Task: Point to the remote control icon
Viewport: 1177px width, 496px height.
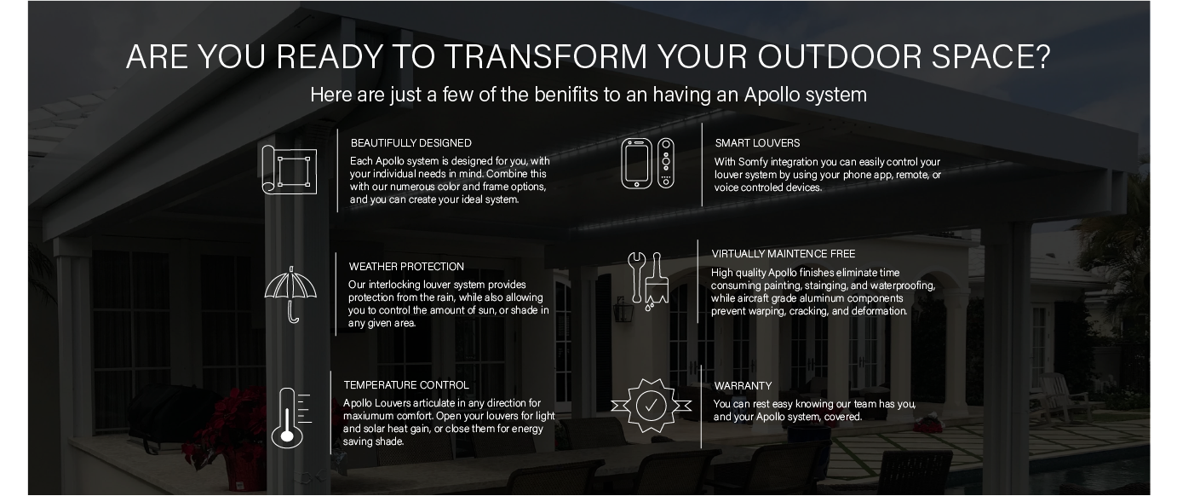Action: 666,163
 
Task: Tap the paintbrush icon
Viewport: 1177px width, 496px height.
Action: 657,281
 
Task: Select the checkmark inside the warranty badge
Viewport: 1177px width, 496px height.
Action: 651,406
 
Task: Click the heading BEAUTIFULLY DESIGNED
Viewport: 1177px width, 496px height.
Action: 411,143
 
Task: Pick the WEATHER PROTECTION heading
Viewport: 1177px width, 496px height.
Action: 406,267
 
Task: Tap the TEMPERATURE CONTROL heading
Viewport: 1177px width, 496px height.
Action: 406,385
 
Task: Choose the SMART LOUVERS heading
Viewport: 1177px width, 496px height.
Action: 757,143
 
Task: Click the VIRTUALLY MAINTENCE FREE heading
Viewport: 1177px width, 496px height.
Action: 783,254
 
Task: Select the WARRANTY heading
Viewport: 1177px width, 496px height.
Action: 743,386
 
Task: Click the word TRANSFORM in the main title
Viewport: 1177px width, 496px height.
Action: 546,56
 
